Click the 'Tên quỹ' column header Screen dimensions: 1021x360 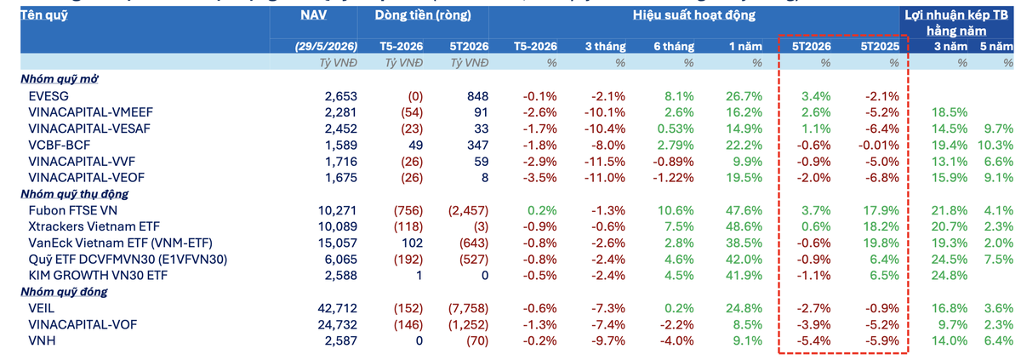[43, 15]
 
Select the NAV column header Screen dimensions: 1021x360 [313, 15]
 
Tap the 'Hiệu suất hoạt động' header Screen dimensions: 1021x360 [693, 15]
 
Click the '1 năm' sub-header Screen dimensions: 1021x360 [745, 46]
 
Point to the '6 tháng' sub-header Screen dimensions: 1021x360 [674, 46]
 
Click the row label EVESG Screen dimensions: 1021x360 [48, 96]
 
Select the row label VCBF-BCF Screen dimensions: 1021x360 [60, 145]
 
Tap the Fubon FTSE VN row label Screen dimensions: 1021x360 [72, 210]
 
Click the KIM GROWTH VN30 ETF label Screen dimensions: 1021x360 [98, 275]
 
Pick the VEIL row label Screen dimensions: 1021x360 [41, 308]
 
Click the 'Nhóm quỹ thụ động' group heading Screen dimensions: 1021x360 [74, 194]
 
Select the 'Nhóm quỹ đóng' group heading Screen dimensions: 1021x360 [64, 292]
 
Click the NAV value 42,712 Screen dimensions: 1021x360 [337, 308]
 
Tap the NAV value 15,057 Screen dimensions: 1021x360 [337, 243]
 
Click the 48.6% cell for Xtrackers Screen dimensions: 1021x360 [744, 226]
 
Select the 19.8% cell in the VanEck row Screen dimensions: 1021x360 [881, 243]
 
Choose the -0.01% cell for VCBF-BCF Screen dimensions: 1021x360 [878, 145]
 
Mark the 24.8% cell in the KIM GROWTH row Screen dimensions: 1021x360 [950, 275]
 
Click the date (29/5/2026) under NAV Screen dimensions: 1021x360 [326, 46]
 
